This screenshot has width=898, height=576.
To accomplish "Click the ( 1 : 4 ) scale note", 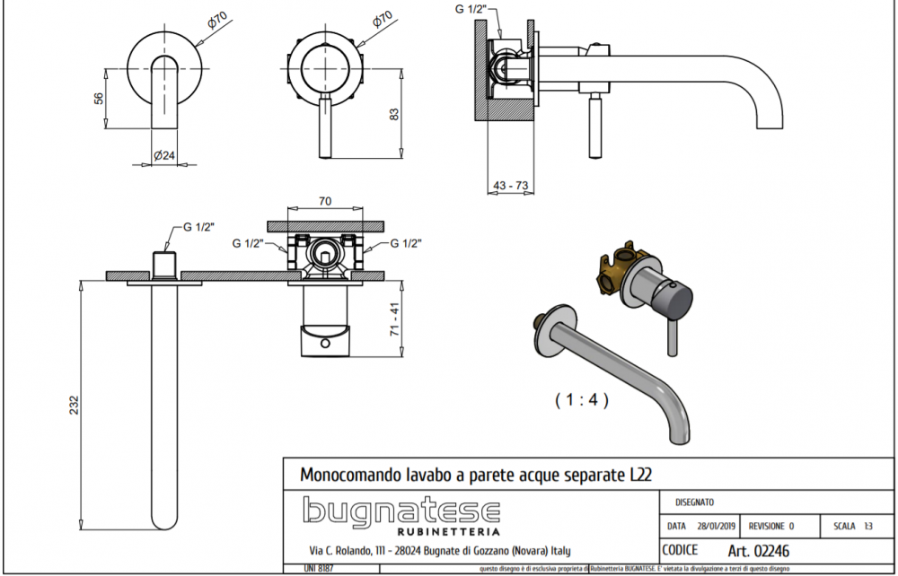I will pos(581,401).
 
